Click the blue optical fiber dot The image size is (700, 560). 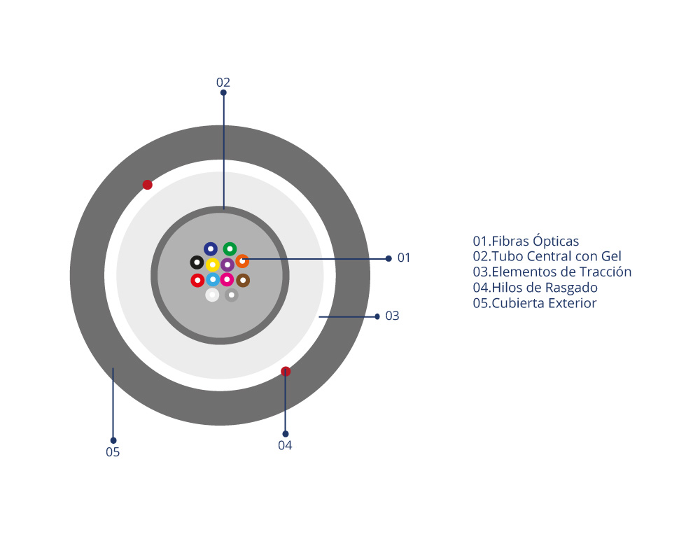pyautogui.click(x=211, y=248)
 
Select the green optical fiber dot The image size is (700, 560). pyautogui.click(x=230, y=248)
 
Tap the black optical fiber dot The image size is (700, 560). pyautogui.click(x=197, y=262)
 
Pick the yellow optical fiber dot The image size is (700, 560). pyautogui.click(x=213, y=265)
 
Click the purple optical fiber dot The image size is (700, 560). pyautogui.click(x=227, y=265)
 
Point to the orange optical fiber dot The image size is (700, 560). pyautogui.click(x=242, y=261)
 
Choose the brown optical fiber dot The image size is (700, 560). pyautogui.click(x=243, y=281)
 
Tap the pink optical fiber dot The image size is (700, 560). pyautogui.click(x=227, y=279)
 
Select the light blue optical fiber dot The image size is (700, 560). pyautogui.click(x=213, y=279)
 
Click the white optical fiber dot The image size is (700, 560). pyautogui.click(x=212, y=295)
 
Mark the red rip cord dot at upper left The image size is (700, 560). pyautogui.click(x=147, y=184)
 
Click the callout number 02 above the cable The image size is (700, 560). pyautogui.click(x=223, y=82)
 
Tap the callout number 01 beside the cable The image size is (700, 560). pyautogui.click(x=404, y=258)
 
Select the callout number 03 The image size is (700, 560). pyautogui.click(x=392, y=316)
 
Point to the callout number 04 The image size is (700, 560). pyautogui.click(x=285, y=445)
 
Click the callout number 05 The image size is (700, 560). pyautogui.click(x=113, y=452)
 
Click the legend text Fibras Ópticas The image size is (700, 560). pyautogui.click(x=535, y=241)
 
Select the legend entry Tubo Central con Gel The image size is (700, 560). pyautogui.click(x=547, y=256)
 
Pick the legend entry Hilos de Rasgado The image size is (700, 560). pyautogui.click(x=535, y=288)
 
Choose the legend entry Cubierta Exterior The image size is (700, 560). pyautogui.click(x=535, y=303)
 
